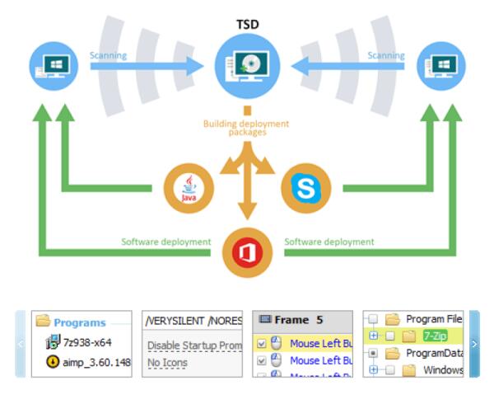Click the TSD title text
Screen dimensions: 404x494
247,24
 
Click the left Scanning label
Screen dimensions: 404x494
108,56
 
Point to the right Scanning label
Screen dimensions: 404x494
385,56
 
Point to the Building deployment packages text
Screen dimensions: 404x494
247,128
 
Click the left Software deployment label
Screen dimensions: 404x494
165,242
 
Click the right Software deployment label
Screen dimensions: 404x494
329,242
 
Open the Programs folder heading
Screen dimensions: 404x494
79,322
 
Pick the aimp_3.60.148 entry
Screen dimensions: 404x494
96,363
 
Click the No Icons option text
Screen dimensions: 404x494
167,363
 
